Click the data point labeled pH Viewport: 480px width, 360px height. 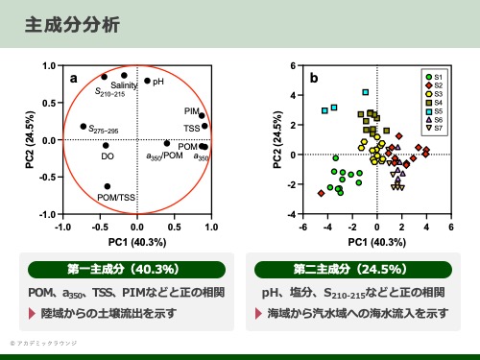click(x=147, y=82)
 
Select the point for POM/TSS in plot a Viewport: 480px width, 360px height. click(x=108, y=186)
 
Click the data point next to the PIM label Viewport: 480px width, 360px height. click(x=202, y=115)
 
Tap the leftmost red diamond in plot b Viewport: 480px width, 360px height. click(x=321, y=193)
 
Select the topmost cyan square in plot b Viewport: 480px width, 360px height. click(x=366, y=92)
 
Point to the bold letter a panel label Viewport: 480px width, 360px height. click(x=73, y=77)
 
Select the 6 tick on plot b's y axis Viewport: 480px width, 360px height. click(x=293, y=65)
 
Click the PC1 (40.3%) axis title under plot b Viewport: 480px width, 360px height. click(x=376, y=241)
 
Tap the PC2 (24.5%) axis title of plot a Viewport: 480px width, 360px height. click(x=32, y=140)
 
